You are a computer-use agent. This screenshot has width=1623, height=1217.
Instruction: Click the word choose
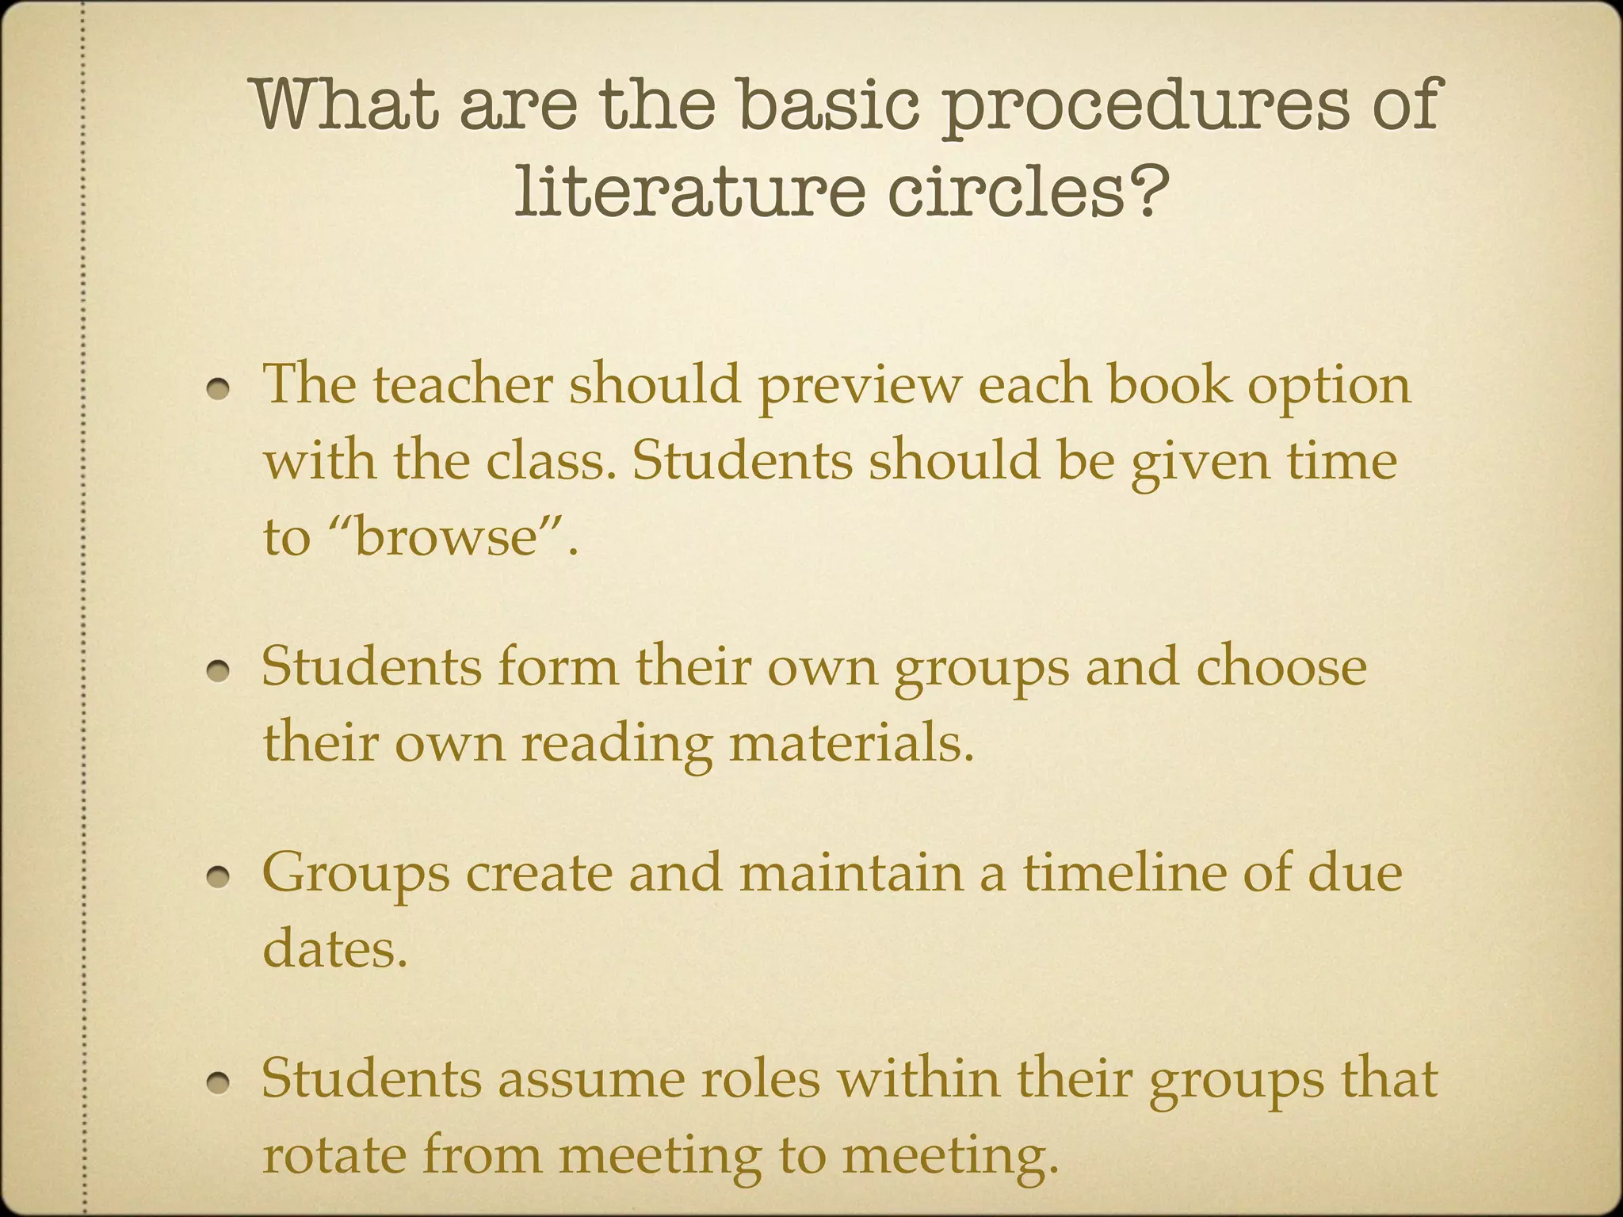1281,667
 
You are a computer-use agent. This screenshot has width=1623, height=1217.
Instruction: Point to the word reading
617,746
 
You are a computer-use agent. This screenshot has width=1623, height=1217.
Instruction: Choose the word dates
334,948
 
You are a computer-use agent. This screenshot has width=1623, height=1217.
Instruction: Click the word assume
590,1080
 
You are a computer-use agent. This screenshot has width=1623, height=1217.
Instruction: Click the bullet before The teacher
220,388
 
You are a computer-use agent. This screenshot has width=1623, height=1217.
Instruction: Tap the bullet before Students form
220,671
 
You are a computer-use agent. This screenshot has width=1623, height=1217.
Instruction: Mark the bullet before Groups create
220,876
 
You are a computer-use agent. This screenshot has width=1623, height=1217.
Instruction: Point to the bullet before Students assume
220,1083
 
